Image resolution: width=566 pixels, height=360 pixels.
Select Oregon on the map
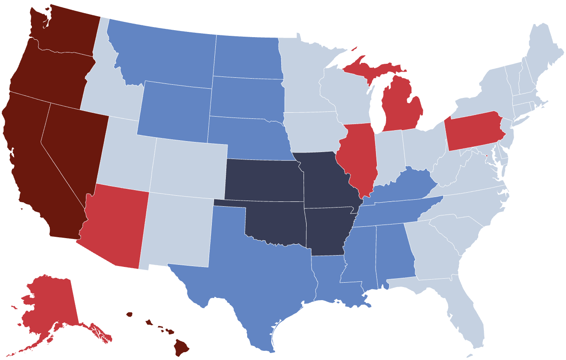pos(50,72)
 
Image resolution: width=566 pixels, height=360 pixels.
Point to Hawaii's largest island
pos(181,347)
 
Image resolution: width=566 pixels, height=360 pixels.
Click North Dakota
pos(247,57)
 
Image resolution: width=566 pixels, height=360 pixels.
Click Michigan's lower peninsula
pos(402,105)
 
